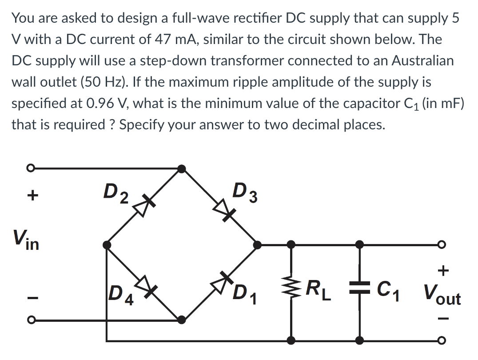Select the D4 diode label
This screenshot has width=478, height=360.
pyautogui.click(x=120, y=293)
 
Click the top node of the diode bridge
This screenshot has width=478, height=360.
pyautogui.click(x=181, y=168)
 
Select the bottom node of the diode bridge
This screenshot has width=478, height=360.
pyautogui.click(x=181, y=319)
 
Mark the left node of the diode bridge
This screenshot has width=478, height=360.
pyautogui.click(x=106, y=244)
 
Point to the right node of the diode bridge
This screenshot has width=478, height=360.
pyautogui.click(x=256, y=244)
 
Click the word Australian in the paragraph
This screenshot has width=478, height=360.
pyautogui.click(x=422, y=60)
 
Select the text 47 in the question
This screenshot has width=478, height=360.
pyautogui.click(x=163, y=39)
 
